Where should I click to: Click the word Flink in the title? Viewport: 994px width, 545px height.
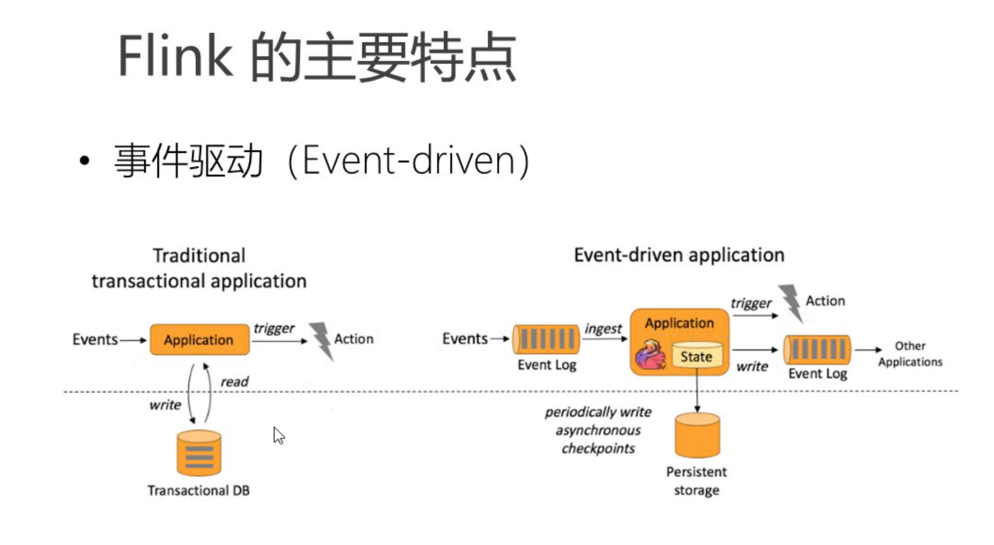175,56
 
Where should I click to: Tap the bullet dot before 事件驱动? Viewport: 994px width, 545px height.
84,161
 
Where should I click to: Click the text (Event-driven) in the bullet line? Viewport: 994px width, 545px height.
408,161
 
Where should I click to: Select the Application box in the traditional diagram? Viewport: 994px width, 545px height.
199,340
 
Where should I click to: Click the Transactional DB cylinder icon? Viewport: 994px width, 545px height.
199,453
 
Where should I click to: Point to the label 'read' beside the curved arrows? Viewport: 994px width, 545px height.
234,382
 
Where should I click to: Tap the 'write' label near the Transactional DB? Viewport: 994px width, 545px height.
165,405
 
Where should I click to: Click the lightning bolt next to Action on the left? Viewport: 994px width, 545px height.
322,340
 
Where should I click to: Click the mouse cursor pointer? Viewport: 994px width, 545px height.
279,435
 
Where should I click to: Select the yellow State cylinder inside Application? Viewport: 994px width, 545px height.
696,355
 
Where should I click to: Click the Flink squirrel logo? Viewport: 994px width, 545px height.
651,355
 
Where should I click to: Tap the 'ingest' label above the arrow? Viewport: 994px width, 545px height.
603,329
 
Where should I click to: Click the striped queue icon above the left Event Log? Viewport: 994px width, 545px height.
546,339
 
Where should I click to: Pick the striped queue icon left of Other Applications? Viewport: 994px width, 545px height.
817,350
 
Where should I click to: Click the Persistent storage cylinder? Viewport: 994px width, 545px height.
697,435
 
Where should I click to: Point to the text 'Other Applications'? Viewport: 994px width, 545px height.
910,354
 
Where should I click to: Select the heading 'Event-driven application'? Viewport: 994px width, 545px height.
679,255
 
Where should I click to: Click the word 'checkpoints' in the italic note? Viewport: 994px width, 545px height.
598,448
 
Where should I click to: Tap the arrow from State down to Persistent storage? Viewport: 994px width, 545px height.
697,394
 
